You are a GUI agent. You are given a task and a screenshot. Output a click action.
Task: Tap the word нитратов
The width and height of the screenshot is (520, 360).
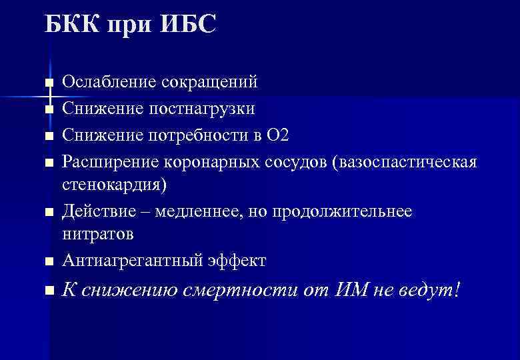(x=98, y=235)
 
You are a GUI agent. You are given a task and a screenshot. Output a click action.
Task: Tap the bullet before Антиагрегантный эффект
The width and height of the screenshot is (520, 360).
(x=48, y=262)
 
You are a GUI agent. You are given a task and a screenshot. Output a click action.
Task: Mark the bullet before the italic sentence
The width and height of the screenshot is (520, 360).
(x=48, y=291)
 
